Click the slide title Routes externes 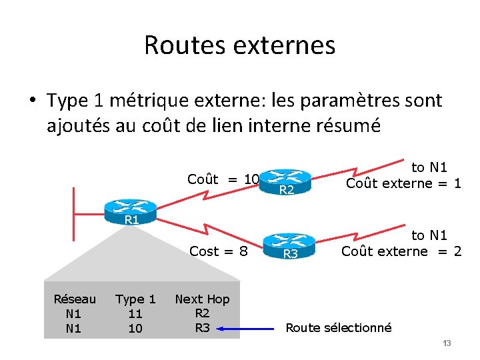click(x=239, y=45)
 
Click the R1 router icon click(x=131, y=213)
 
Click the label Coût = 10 click(x=223, y=179)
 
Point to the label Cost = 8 click(x=219, y=251)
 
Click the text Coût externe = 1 click(x=403, y=183)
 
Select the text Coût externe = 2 click(x=401, y=251)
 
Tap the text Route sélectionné click(x=339, y=327)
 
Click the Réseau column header click(x=75, y=299)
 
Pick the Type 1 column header click(x=135, y=299)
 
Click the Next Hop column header click(x=202, y=299)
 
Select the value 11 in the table click(x=135, y=313)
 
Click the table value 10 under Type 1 click(x=135, y=328)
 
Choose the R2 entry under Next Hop click(x=202, y=313)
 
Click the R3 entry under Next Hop click(x=202, y=327)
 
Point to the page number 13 click(x=447, y=343)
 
